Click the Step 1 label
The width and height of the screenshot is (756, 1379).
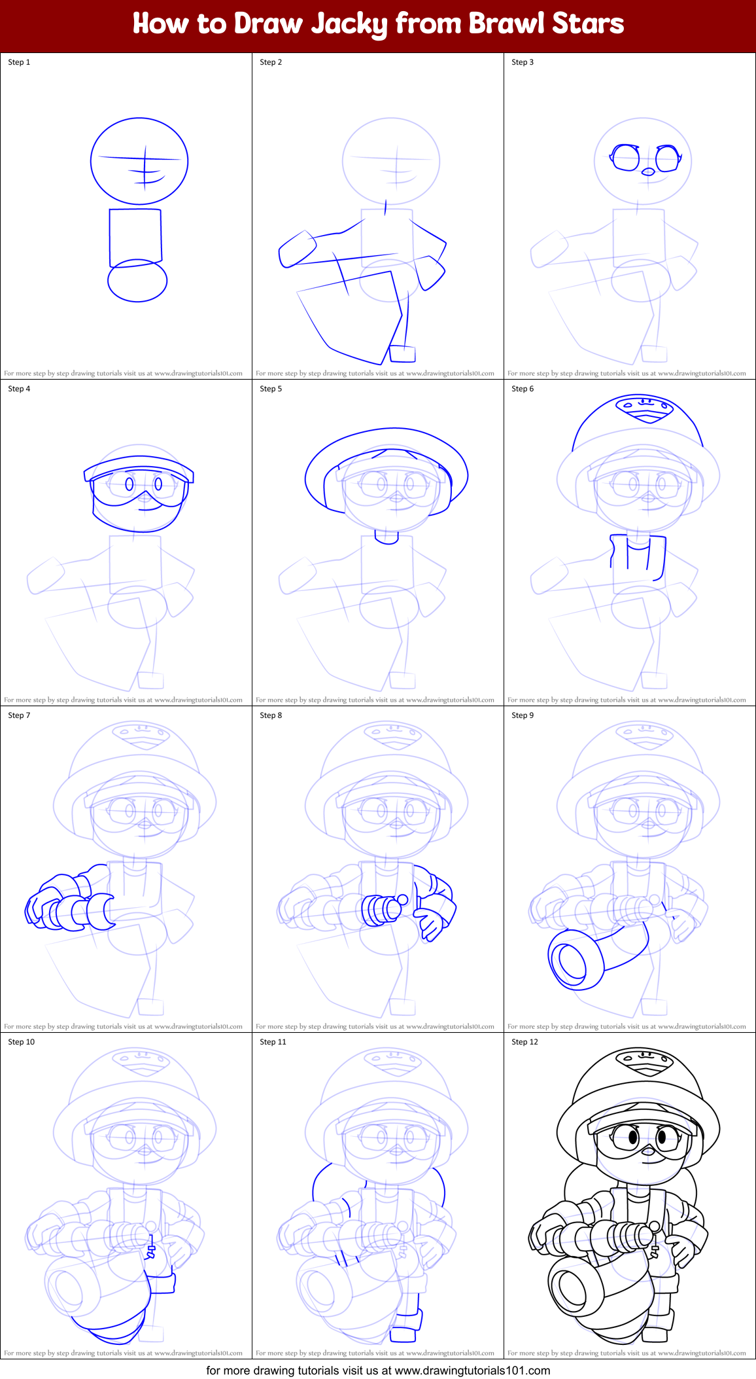click(19, 62)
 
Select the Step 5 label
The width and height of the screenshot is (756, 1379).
click(271, 389)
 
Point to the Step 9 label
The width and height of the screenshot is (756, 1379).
click(523, 715)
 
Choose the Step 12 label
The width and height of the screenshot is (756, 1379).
click(524, 1042)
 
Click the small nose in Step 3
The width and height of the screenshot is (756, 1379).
click(648, 172)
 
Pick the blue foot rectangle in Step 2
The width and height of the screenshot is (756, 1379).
click(402, 354)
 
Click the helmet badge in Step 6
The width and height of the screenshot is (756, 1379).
click(645, 408)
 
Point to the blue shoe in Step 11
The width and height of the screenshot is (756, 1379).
click(403, 1334)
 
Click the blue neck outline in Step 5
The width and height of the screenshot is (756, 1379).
click(387, 537)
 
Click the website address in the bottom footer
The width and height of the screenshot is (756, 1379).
click(472, 1370)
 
